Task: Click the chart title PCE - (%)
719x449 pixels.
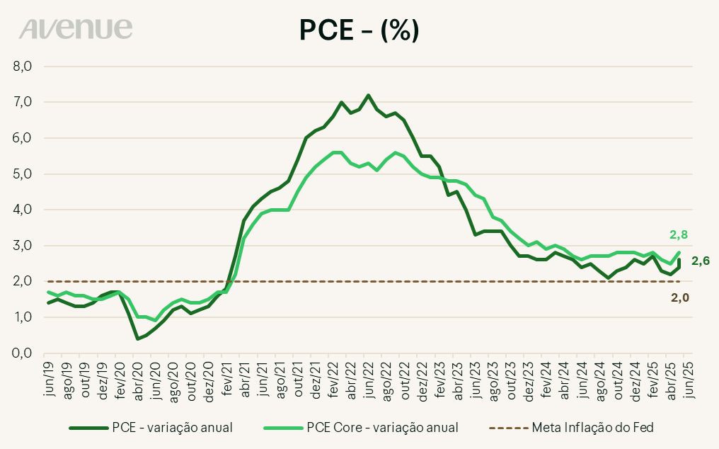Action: [x=359, y=30]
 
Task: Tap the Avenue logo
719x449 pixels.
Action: [x=76, y=29]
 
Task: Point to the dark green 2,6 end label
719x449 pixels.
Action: [x=700, y=261]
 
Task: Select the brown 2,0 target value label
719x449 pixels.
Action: [x=679, y=297]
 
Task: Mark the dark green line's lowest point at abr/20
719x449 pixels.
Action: [x=138, y=339]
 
